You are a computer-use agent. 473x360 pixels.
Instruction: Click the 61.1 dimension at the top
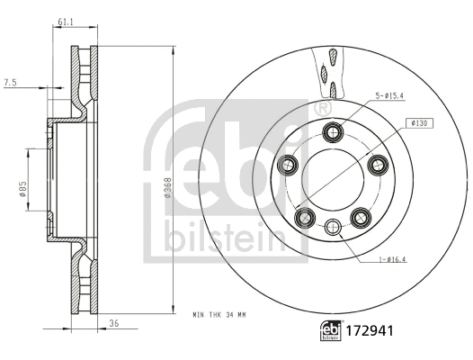tap(64, 21)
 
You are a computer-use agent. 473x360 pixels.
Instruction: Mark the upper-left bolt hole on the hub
tap(290, 164)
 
